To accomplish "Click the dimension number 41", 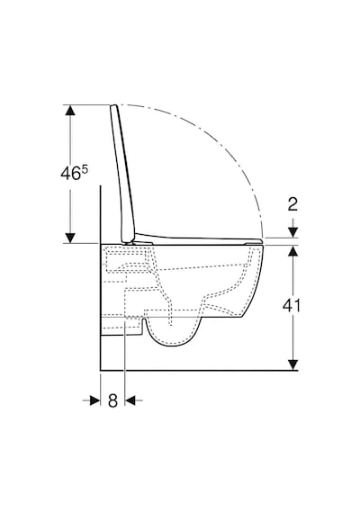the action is click(x=292, y=306).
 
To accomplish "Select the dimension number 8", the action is click(x=112, y=400).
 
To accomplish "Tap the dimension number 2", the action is click(x=292, y=204).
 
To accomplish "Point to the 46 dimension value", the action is click(x=71, y=173).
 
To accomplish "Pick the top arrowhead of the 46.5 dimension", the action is click(x=70, y=110).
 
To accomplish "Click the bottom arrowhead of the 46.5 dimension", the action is click(x=70, y=238).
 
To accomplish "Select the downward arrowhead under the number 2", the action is click(x=293, y=232).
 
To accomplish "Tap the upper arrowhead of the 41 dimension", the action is click(x=293, y=250).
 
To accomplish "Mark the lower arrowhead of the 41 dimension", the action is click(x=293, y=364).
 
